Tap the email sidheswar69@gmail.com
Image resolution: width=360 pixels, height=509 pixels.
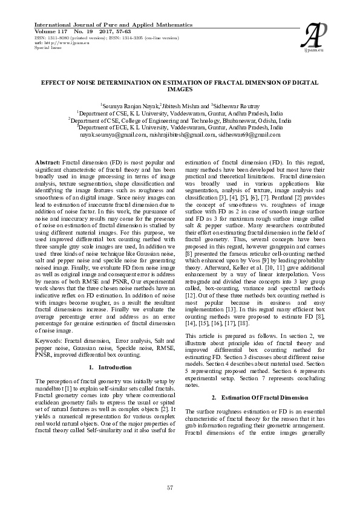tap(247, 135)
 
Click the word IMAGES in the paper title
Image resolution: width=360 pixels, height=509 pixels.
tap(179, 89)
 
